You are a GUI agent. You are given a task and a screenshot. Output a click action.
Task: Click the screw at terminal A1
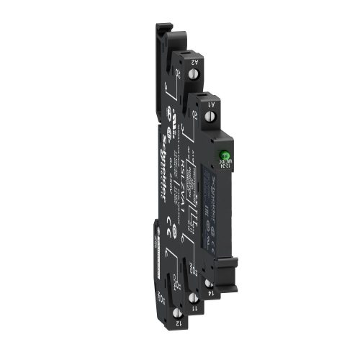tap(207, 115)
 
